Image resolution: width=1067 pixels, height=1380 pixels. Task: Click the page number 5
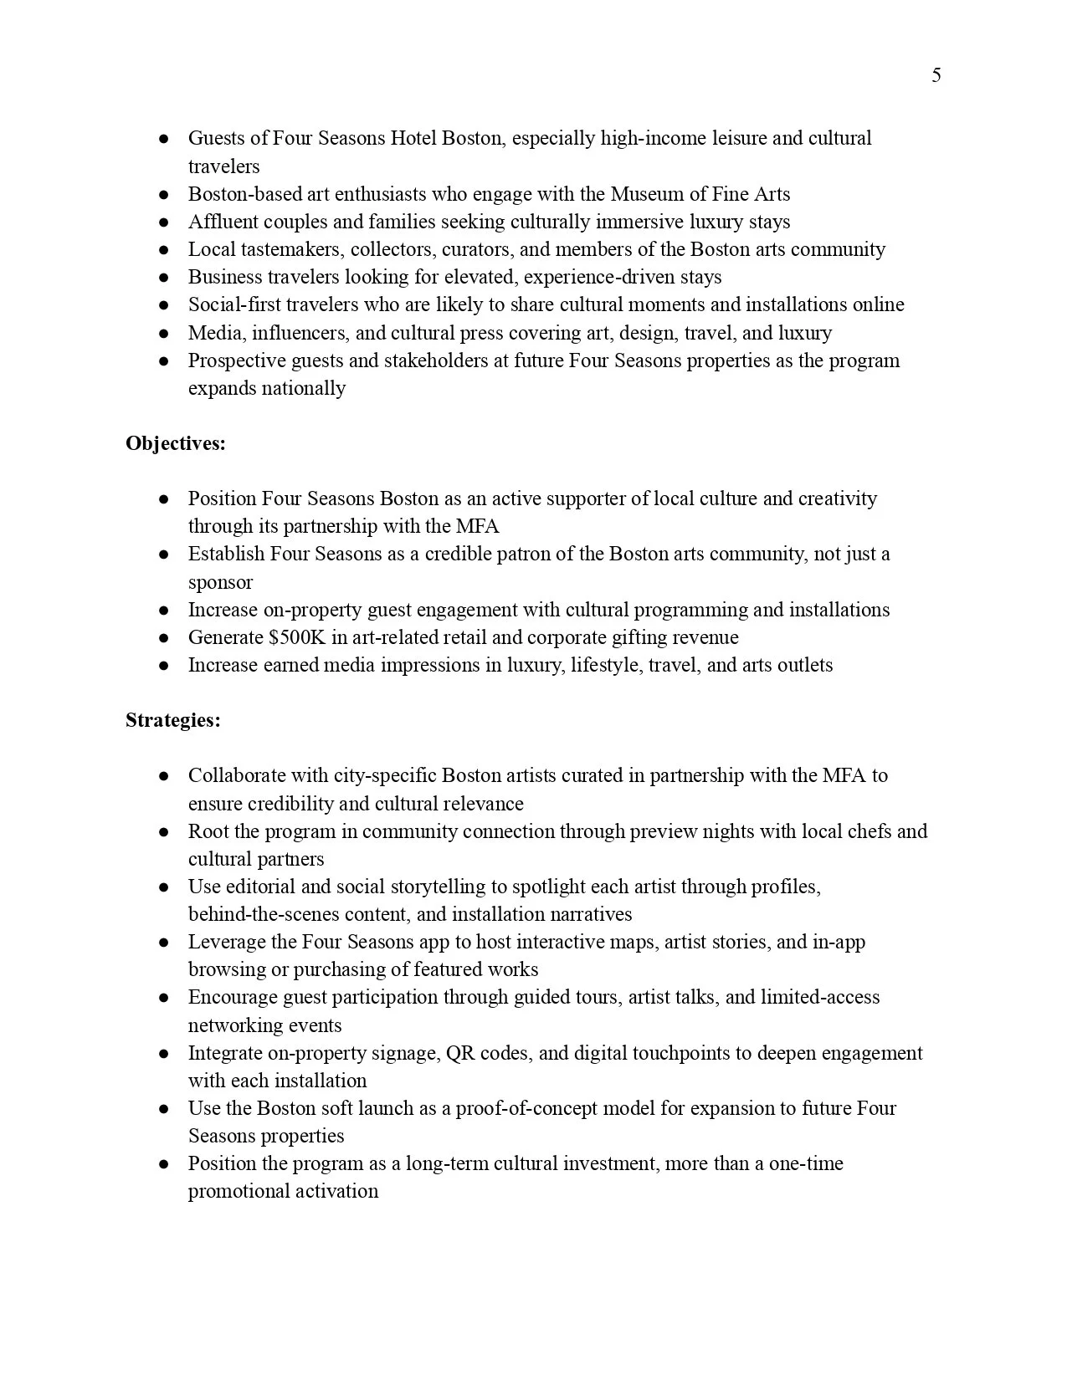(936, 76)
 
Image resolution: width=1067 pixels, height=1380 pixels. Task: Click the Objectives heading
(176, 443)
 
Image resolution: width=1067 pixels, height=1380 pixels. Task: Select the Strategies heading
(173, 720)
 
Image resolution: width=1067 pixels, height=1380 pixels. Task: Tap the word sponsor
(220, 582)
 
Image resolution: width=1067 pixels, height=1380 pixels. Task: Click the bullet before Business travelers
(165, 278)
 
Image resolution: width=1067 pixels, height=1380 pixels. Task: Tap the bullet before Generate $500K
(165, 638)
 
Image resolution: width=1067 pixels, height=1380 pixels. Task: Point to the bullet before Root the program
(165, 832)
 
